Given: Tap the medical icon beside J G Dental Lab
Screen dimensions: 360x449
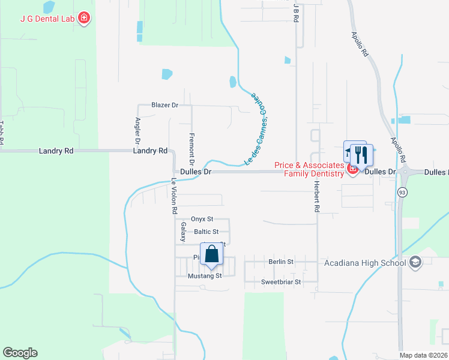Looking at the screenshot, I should (85, 18).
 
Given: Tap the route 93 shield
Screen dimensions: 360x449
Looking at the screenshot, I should (401, 192).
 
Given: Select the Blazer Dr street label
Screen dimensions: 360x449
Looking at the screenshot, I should (165, 105).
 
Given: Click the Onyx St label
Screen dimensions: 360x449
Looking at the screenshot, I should (202, 220).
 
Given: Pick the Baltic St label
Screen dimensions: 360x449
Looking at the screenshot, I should (206, 232).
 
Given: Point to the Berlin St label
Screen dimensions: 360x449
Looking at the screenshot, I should (281, 262).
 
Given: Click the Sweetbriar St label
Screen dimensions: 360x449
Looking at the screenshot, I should (280, 281).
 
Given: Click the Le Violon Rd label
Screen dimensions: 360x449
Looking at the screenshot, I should (174, 197).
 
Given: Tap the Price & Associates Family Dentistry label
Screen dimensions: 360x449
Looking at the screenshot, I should (309, 169).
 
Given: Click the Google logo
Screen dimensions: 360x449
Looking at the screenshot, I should (20, 353).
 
